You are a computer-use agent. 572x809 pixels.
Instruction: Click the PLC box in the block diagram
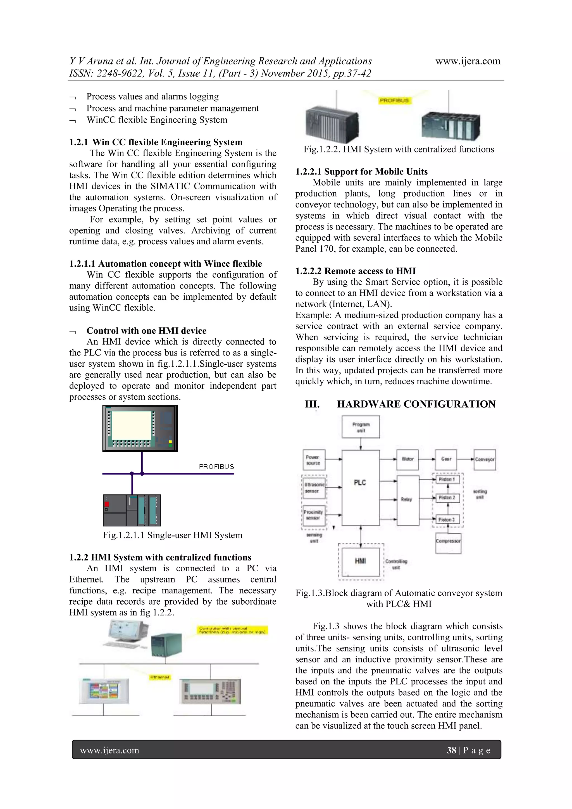(360, 488)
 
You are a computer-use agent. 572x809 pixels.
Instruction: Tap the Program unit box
(361, 427)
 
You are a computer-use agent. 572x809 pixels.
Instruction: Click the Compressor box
(448, 541)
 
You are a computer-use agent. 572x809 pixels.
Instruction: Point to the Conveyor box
(485, 459)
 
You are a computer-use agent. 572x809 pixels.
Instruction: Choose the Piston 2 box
(447, 498)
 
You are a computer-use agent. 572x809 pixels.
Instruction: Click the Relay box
(408, 500)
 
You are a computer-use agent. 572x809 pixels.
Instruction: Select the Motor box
(407, 459)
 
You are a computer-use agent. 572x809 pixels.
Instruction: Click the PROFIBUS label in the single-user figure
(216, 467)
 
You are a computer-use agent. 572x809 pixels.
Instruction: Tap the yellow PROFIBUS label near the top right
(394, 101)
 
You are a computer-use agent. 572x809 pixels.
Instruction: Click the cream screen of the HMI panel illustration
(131, 425)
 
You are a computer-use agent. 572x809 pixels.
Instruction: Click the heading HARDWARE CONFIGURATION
(416, 404)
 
